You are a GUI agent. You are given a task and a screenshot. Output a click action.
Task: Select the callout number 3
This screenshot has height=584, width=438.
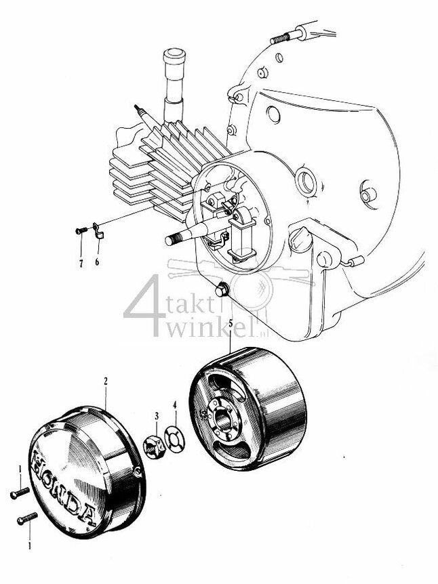[x=156, y=415]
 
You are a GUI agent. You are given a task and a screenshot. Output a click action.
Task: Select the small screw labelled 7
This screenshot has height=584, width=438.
[x=80, y=231]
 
